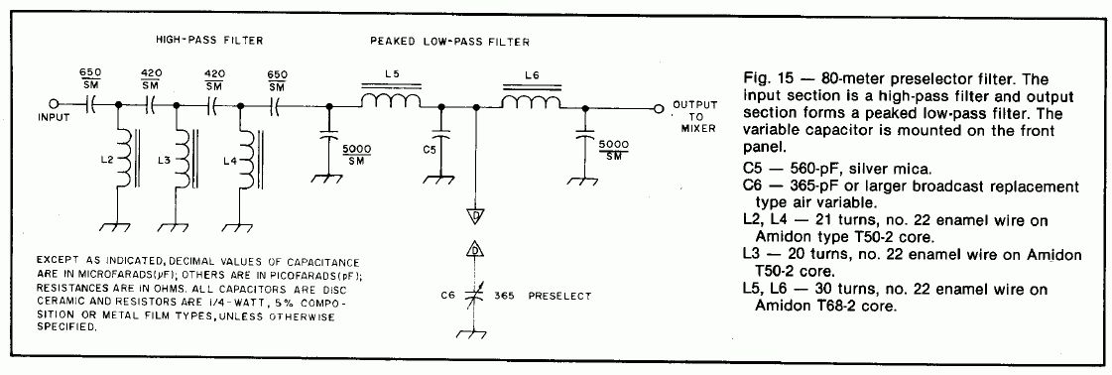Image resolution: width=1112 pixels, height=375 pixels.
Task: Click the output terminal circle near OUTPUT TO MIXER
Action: pos(659,109)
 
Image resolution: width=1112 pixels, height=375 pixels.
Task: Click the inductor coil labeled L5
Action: pos(391,102)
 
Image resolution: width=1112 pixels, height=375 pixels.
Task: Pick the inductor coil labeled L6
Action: pos(532,102)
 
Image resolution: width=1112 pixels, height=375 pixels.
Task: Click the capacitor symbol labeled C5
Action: pos(441,134)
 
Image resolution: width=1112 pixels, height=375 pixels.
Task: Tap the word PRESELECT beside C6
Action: pos(558,296)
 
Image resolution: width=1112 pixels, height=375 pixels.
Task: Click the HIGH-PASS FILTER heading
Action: pos(209,41)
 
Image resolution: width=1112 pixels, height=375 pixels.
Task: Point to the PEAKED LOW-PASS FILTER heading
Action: pos(449,42)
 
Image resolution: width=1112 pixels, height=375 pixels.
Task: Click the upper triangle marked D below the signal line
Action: pos(476,215)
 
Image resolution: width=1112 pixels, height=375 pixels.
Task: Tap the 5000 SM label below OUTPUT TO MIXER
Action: pos(614,150)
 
